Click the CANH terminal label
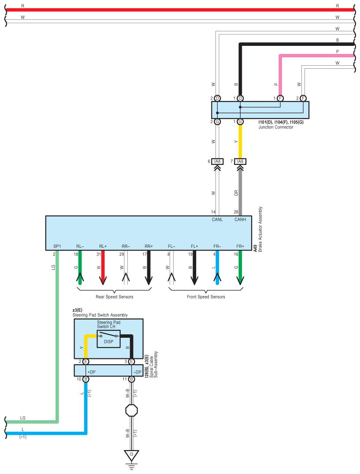click(240, 220)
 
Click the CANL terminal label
click(217, 220)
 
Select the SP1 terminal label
click(57, 246)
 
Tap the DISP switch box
click(108, 339)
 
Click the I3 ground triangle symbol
click(131, 455)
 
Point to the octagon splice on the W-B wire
click(131, 410)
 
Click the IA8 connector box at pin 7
click(240, 161)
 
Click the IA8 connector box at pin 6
click(217, 161)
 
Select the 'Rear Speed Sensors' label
click(115, 297)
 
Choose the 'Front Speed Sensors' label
click(206, 297)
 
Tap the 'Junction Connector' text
click(276, 127)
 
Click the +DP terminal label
click(92, 372)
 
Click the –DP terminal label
click(137, 372)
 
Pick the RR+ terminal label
click(148, 246)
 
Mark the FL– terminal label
click(171, 246)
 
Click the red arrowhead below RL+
click(103, 280)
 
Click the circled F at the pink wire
click(280, 98)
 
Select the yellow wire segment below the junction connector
click(240, 142)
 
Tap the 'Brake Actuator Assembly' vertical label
click(260, 229)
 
